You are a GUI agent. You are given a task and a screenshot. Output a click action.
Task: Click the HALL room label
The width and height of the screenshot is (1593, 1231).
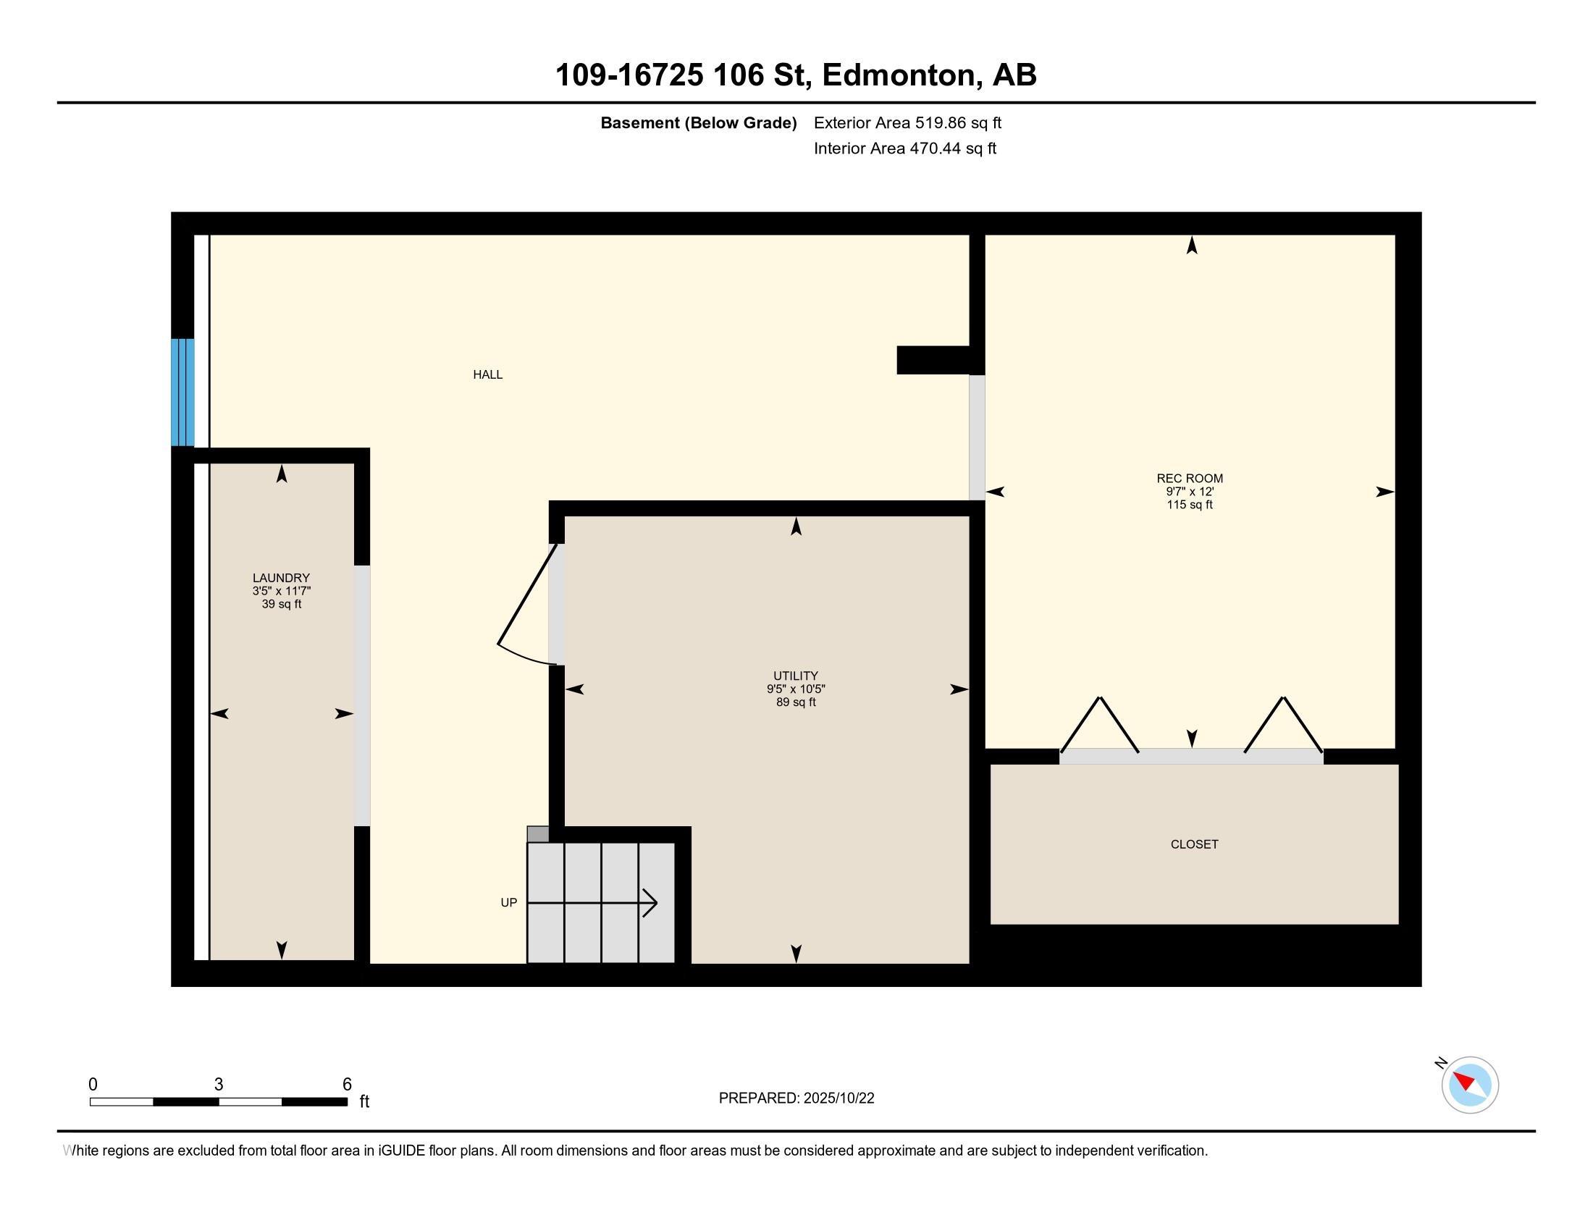[x=488, y=375]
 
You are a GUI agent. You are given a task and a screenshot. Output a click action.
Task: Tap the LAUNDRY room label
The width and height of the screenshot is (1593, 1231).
[x=282, y=578]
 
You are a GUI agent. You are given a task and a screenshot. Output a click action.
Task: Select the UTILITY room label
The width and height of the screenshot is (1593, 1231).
[x=796, y=676]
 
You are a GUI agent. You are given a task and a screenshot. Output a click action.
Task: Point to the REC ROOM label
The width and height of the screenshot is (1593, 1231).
[x=1190, y=479]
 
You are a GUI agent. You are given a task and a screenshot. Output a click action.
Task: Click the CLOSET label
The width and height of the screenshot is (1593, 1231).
[x=1195, y=844]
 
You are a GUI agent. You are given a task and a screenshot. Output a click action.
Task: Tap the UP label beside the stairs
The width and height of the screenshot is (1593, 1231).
[x=509, y=903]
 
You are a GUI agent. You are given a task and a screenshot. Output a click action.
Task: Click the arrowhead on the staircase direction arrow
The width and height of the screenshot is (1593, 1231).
[x=650, y=904]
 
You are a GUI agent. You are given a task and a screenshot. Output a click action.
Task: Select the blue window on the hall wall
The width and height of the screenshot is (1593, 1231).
[x=182, y=392]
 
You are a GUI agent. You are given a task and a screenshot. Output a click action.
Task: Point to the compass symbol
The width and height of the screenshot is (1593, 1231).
[x=1470, y=1085]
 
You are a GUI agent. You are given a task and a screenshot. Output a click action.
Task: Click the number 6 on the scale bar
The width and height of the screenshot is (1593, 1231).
[x=347, y=1085]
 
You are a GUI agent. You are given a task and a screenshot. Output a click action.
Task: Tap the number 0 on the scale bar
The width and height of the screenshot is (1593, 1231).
[x=93, y=1085]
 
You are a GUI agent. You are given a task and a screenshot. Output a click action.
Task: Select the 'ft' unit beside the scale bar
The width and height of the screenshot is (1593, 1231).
[x=365, y=1101]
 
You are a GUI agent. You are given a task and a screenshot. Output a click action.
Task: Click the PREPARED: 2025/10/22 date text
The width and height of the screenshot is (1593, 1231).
[x=796, y=1098]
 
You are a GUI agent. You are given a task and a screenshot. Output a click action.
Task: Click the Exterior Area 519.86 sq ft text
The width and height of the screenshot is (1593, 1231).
[x=907, y=122]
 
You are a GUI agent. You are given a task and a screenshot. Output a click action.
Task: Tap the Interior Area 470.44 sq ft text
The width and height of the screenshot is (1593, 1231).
[x=905, y=148]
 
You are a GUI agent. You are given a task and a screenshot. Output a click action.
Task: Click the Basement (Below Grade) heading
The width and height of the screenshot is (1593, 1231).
[x=699, y=123]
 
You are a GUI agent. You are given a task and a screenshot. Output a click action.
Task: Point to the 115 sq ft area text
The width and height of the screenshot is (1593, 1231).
[x=1190, y=505]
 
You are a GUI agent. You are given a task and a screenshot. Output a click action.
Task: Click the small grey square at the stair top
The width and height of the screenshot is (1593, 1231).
[x=537, y=834]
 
